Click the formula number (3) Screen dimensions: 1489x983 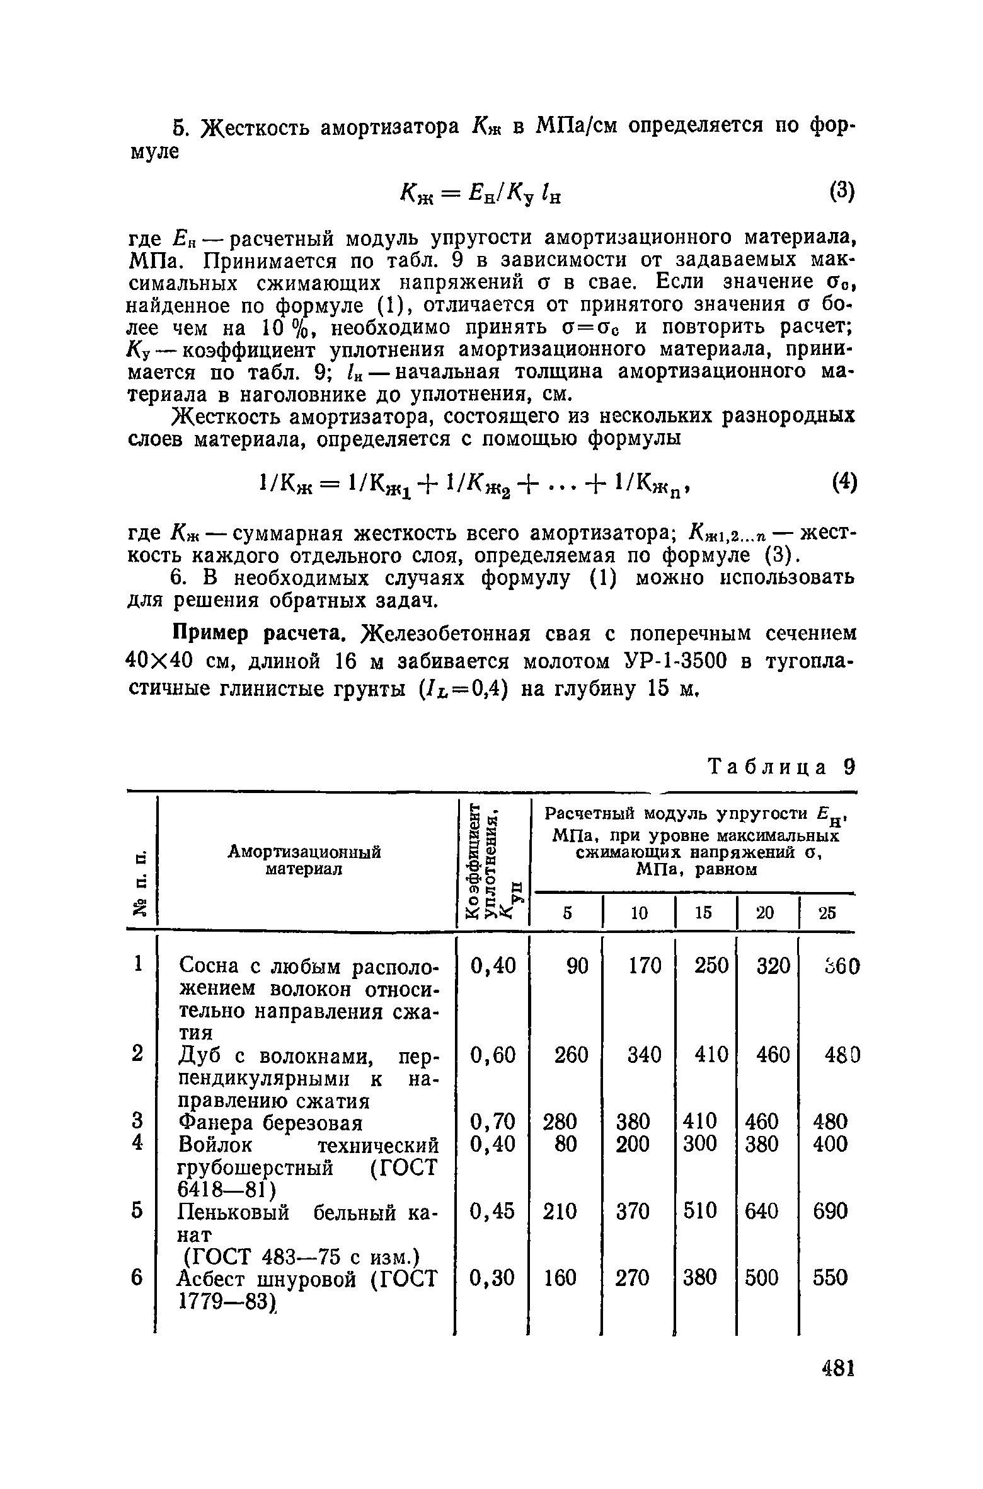(x=841, y=192)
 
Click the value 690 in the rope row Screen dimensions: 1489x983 (x=830, y=1210)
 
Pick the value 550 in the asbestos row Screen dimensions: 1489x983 (x=830, y=1278)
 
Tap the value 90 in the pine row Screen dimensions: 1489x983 (x=576, y=966)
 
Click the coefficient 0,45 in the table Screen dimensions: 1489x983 (x=493, y=1210)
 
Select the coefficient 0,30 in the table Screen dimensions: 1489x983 (x=493, y=1278)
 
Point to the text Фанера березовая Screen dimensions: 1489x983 (x=271, y=1122)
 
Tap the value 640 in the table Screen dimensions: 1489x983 (x=761, y=1210)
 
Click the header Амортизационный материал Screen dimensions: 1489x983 (x=304, y=860)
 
